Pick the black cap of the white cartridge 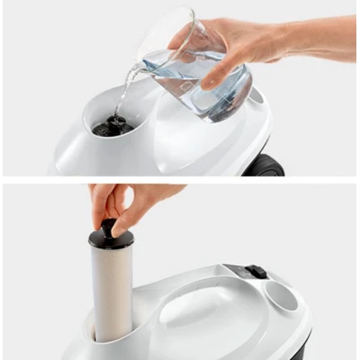coord(111,235)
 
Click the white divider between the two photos coord(180,180)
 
